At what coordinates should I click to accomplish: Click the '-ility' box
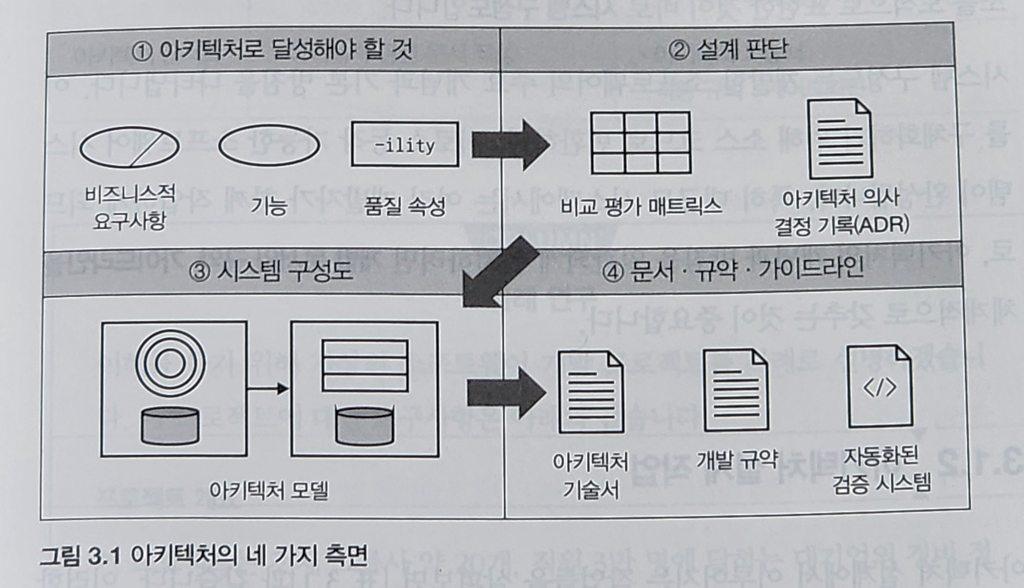pos(405,144)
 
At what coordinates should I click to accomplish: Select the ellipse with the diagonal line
pos(129,146)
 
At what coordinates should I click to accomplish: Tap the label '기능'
pos(269,206)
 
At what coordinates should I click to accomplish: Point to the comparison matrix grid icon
pos(641,143)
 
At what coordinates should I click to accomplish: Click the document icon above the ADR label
pos(840,139)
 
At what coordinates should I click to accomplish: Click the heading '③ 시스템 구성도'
pos(271,272)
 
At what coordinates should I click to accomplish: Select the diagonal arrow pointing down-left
pos(500,273)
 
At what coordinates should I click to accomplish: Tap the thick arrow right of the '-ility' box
pos(510,145)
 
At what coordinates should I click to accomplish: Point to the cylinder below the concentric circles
pos(170,426)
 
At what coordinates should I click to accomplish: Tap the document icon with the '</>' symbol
pos(880,386)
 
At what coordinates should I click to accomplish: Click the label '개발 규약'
pos(737,459)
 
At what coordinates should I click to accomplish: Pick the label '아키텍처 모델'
pos(268,490)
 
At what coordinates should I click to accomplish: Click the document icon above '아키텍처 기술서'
pos(591,392)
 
